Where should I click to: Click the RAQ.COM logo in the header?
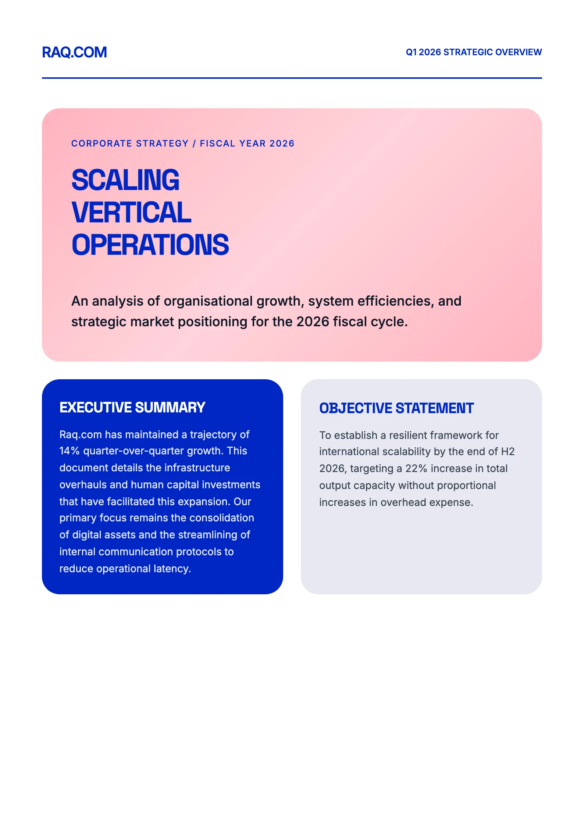(74, 52)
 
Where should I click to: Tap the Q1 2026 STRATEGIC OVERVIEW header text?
(474, 52)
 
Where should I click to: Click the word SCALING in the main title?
(125, 180)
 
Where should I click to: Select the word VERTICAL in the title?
(131, 212)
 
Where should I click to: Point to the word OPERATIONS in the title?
(150, 245)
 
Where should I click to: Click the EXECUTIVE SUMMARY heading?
(132, 408)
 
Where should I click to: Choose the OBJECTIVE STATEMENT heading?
(396, 408)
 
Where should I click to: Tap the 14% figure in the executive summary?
(70, 451)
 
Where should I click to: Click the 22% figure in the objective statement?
(416, 469)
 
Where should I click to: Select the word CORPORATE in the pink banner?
(102, 144)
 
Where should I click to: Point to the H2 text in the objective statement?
(508, 452)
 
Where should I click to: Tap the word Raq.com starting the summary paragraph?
(81, 435)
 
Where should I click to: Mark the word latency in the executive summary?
(172, 569)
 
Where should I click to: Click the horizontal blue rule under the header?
(292, 78)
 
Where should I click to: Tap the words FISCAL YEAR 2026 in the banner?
(247, 144)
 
